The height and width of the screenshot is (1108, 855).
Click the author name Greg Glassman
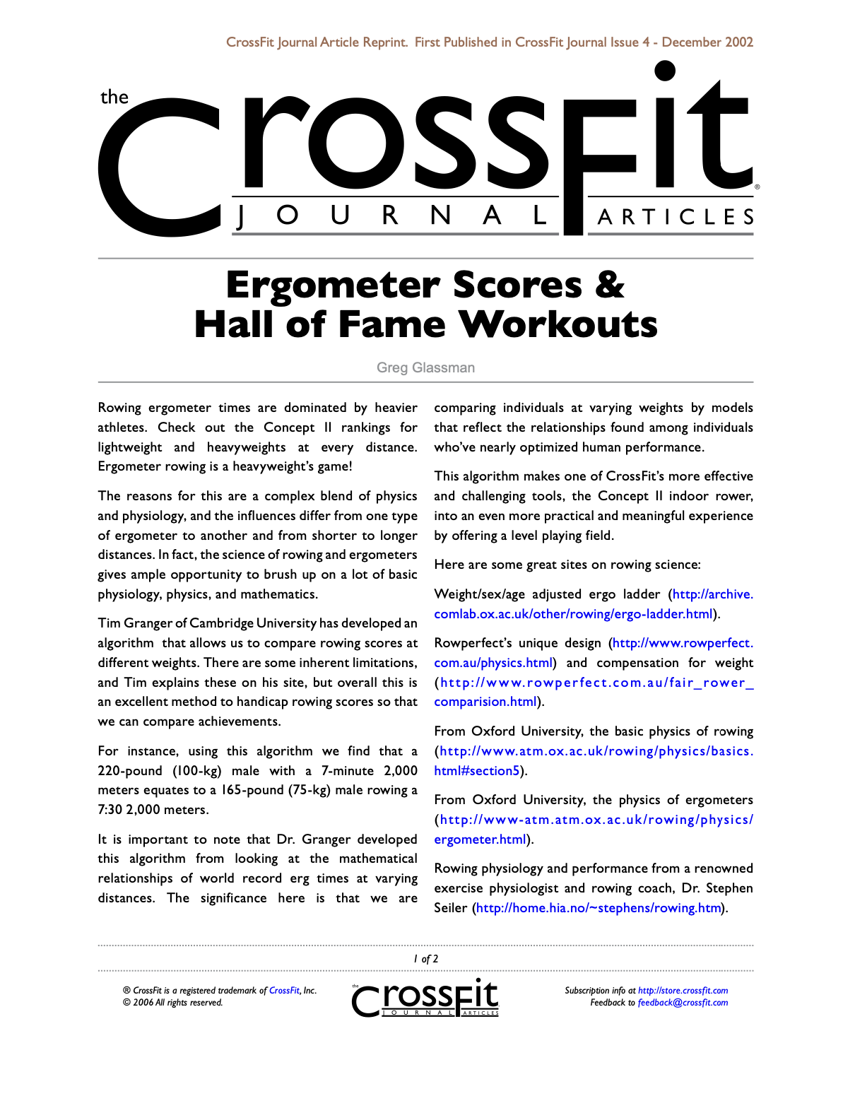[425, 367]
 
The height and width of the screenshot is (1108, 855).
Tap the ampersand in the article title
[610, 285]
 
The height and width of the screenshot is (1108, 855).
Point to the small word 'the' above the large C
[114, 97]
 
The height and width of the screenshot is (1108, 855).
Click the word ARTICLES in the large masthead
[676, 217]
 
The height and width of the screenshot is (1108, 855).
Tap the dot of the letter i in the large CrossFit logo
[665, 71]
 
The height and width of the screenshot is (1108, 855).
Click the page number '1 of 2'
[426, 959]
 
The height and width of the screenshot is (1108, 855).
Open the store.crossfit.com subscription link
[683, 991]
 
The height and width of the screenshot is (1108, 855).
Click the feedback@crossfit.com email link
[683, 1003]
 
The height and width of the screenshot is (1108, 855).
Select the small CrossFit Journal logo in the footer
[425, 998]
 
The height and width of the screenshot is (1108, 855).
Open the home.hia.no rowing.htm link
[598, 908]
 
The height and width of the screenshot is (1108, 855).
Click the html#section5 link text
[477, 771]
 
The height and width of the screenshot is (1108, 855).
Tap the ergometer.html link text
[480, 839]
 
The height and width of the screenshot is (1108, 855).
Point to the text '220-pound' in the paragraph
[130, 771]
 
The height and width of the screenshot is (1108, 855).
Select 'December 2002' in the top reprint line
[707, 42]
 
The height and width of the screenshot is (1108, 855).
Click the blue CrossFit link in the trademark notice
[284, 991]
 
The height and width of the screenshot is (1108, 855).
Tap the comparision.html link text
[485, 702]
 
